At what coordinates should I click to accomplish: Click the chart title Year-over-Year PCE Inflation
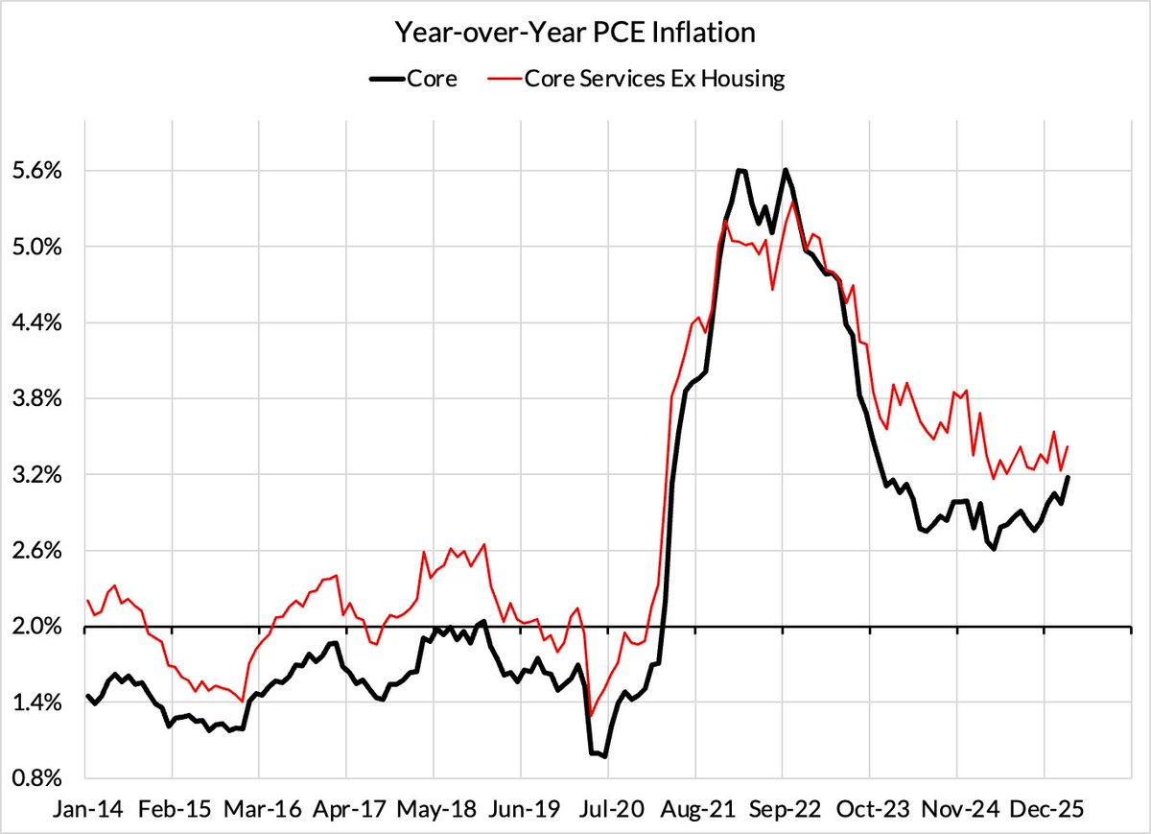pyautogui.click(x=575, y=33)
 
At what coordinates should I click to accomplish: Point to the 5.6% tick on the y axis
pyautogui.click(x=35, y=171)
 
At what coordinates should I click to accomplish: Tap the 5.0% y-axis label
pyautogui.click(x=35, y=247)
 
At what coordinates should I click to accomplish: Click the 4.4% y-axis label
pyautogui.click(x=35, y=322)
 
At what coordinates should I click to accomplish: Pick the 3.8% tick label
pyautogui.click(x=35, y=398)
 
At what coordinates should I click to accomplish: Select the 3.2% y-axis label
pyautogui.click(x=35, y=474)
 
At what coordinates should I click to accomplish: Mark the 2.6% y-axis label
pyautogui.click(x=35, y=551)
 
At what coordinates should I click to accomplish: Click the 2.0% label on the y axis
pyautogui.click(x=35, y=627)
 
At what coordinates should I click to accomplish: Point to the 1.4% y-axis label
pyautogui.click(x=35, y=703)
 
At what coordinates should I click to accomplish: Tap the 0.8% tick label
pyautogui.click(x=35, y=778)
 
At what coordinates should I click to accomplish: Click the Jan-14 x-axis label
pyautogui.click(x=83, y=808)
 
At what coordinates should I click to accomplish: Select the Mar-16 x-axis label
pyautogui.click(x=258, y=808)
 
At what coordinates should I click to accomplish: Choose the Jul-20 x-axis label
pyautogui.click(x=607, y=808)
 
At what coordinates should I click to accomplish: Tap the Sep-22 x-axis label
pyautogui.click(x=782, y=808)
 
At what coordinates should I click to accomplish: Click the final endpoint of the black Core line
pyautogui.click(x=1069, y=477)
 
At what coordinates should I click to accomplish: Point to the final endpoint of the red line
pyautogui.click(x=1068, y=446)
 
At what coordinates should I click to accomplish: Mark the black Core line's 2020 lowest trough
pyautogui.click(x=604, y=756)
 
